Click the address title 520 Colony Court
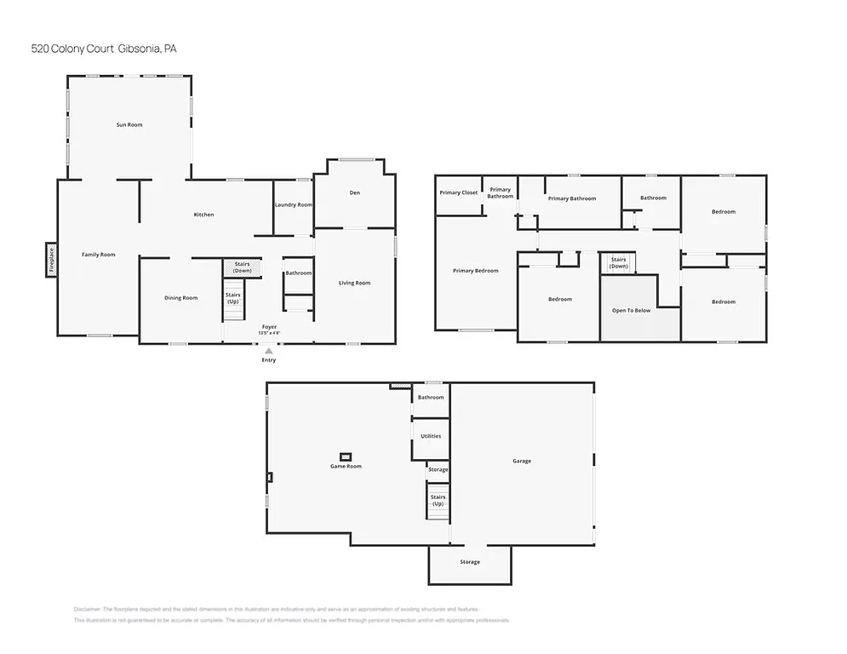[x=103, y=49]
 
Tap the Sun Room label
[x=129, y=125]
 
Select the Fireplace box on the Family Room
[x=51, y=260]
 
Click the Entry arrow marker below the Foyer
[x=269, y=350]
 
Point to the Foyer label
[x=269, y=327]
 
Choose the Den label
[x=355, y=192]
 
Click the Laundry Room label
[x=294, y=205]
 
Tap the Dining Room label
[x=180, y=298]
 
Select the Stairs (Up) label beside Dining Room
[x=232, y=298]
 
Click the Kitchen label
[x=203, y=215]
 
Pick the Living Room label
[x=354, y=283]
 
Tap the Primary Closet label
[x=459, y=192]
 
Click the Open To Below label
[x=631, y=310]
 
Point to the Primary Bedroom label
[x=475, y=271]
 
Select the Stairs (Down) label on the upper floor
[x=618, y=263]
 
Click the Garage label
[x=522, y=461]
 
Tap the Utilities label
[x=431, y=436]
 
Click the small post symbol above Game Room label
[x=346, y=456]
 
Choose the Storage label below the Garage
[x=470, y=562]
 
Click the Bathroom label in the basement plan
[x=431, y=398]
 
